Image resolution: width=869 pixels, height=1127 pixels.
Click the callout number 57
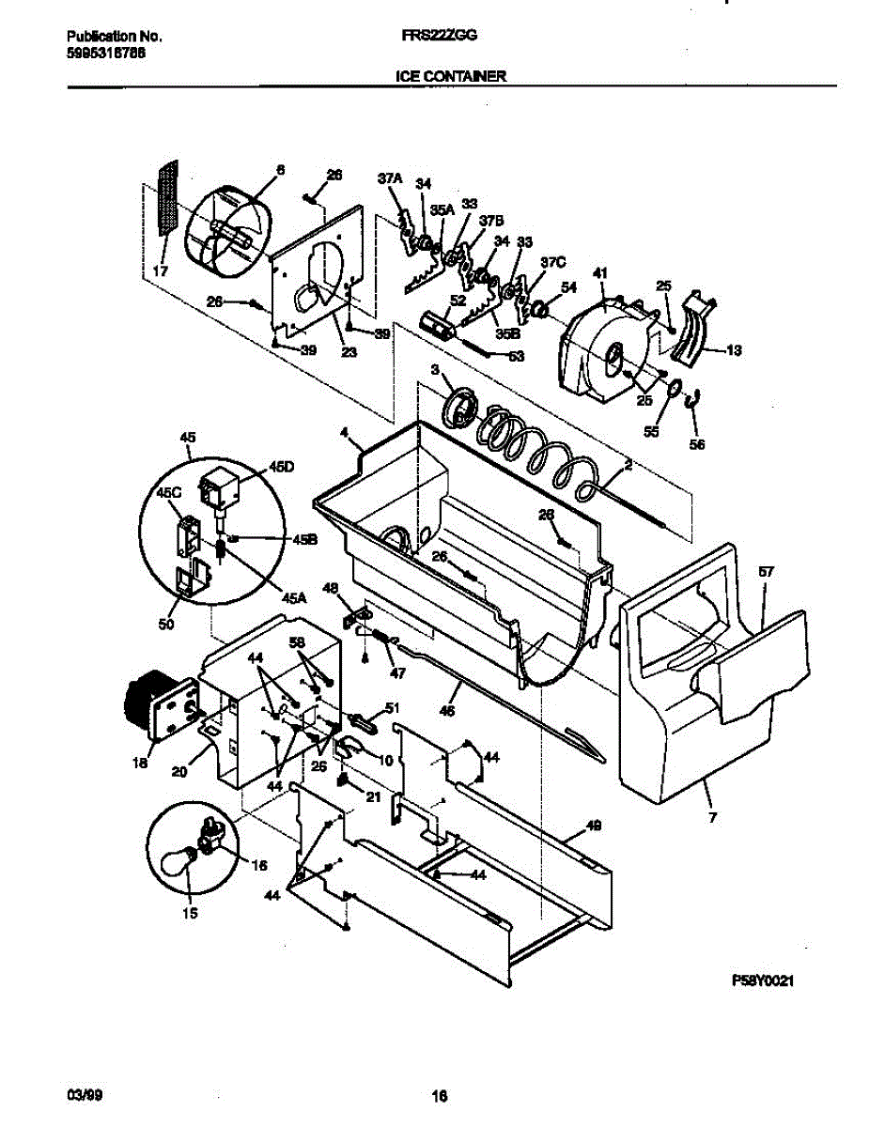(x=766, y=571)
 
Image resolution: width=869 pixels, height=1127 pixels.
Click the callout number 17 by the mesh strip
(x=161, y=272)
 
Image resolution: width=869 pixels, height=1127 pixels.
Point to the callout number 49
(x=593, y=826)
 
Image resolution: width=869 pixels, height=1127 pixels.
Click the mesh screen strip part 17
(x=166, y=197)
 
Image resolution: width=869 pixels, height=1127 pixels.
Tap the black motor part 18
(x=149, y=704)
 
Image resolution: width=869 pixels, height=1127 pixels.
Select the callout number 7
(x=712, y=817)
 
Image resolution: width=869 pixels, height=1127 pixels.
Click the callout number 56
(x=697, y=444)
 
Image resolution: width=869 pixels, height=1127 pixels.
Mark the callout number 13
(x=734, y=350)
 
